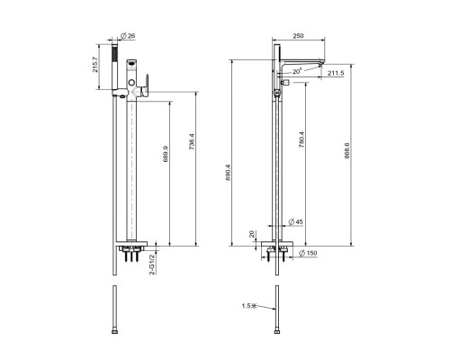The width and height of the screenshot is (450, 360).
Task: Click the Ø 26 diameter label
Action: click(128, 36)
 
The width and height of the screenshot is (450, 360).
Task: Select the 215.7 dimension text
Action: click(95, 65)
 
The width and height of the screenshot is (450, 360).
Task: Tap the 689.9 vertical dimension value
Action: click(166, 154)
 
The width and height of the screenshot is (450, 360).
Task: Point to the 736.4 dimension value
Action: click(192, 142)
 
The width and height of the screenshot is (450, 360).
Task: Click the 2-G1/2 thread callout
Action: click(152, 265)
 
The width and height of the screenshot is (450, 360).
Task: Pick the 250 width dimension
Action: click(298, 36)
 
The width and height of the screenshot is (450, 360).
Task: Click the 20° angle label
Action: click(297, 71)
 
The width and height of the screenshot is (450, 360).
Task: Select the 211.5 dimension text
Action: click(336, 73)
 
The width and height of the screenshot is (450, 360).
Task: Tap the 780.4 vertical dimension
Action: click(301, 139)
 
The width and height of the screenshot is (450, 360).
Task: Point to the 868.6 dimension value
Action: click(346, 150)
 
